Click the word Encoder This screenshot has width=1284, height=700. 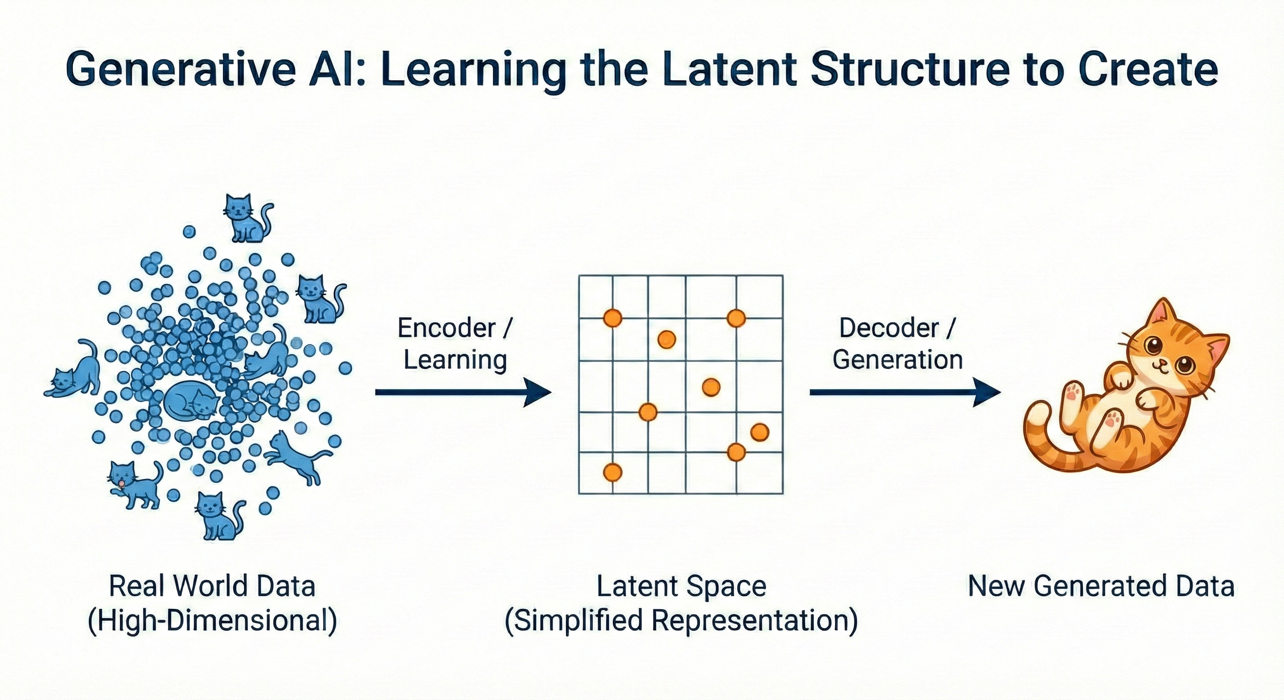[446, 328]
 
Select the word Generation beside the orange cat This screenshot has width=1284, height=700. [897, 360]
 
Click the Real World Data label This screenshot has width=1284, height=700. [212, 587]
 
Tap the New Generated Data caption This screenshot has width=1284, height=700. [1101, 587]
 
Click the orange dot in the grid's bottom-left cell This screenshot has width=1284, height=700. [613, 472]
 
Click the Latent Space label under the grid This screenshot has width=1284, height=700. [681, 587]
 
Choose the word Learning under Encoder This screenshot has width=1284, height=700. [455, 360]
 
